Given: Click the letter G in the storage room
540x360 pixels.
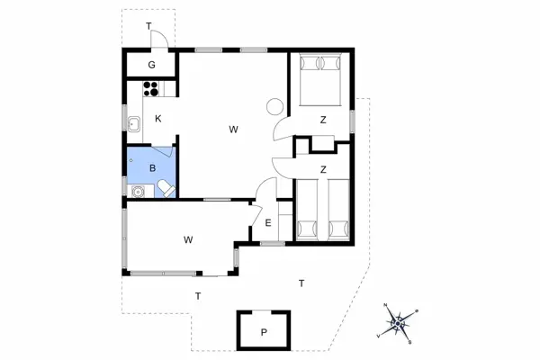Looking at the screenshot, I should click(x=152, y=65).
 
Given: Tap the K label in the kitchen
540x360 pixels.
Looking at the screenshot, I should click(x=157, y=119).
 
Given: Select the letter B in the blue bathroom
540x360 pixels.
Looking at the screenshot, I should click(x=153, y=167).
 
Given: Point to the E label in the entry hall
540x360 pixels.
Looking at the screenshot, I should click(x=267, y=224).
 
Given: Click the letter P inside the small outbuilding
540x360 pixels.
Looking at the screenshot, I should click(x=264, y=332).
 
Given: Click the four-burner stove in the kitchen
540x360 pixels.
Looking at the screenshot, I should click(x=150, y=89).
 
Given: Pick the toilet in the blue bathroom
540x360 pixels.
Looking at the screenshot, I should click(x=166, y=186).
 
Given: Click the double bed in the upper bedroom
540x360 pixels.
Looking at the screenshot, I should click(x=320, y=77).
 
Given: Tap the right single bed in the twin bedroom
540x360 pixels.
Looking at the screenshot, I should click(x=337, y=211).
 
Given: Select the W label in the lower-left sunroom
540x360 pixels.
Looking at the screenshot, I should click(x=189, y=239).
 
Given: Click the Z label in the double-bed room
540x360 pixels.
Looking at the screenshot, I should click(x=321, y=119).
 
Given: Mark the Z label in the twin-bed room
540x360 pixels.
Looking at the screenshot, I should click(x=321, y=168).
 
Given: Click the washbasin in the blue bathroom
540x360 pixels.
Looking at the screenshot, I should click(x=139, y=191).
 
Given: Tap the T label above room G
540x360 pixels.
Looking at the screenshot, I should click(x=148, y=25).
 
